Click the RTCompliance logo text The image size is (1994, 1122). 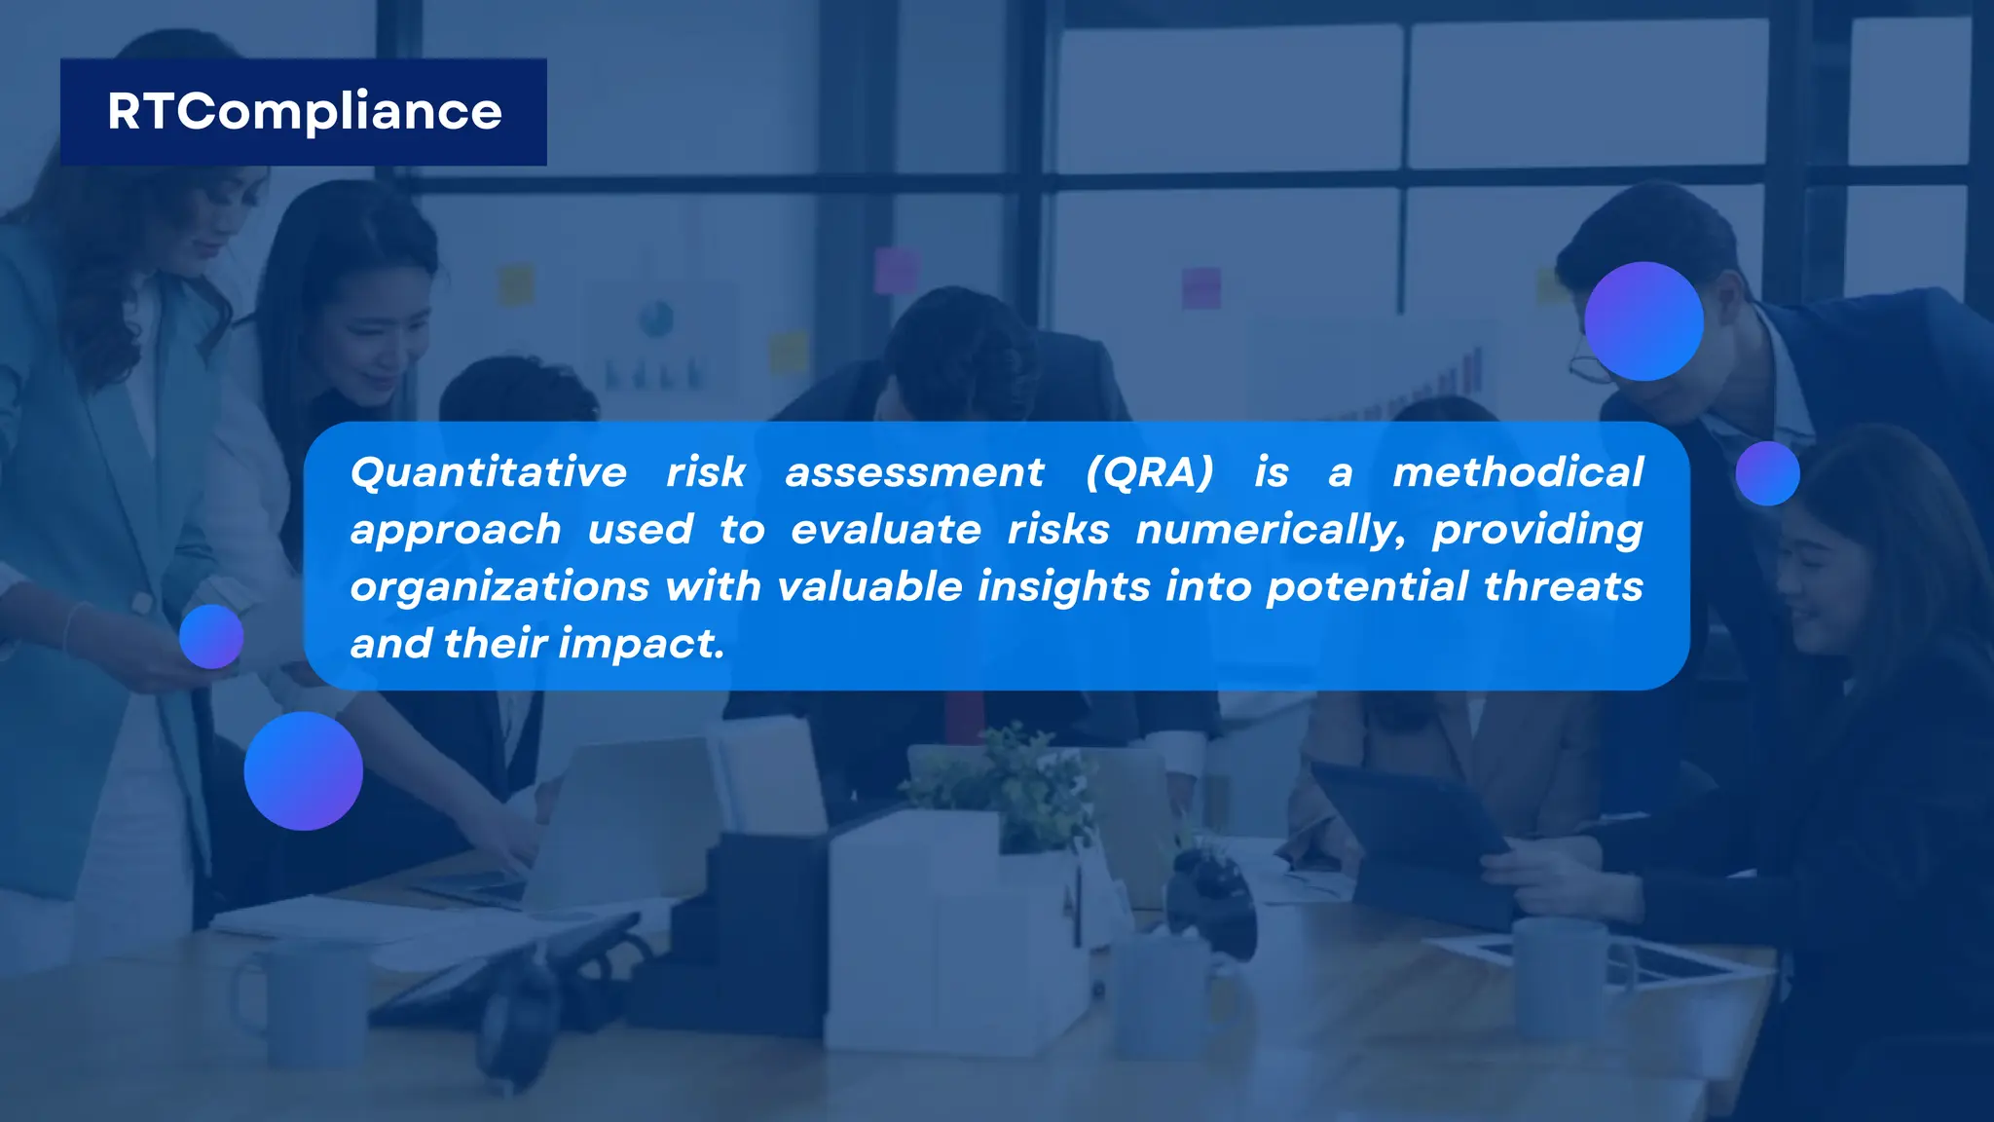click(x=304, y=112)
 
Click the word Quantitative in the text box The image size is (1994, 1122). click(x=489, y=473)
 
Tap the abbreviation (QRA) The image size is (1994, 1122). click(x=1150, y=473)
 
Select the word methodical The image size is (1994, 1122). click(x=1518, y=473)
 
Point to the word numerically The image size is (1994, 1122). click(x=1270, y=531)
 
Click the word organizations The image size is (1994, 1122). click(x=499, y=587)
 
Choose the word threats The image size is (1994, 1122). click(x=1563, y=587)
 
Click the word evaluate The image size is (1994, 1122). click(x=885, y=531)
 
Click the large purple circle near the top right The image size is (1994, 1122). click(x=1643, y=321)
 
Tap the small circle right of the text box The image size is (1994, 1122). click(x=1767, y=473)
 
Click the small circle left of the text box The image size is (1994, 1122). click(x=211, y=637)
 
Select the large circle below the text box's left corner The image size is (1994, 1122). click(x=304, y=771)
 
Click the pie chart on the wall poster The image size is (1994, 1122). click(x=655, y=318)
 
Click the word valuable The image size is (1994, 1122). click(x=869, y=587)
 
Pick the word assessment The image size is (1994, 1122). click(x=914, y=473)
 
